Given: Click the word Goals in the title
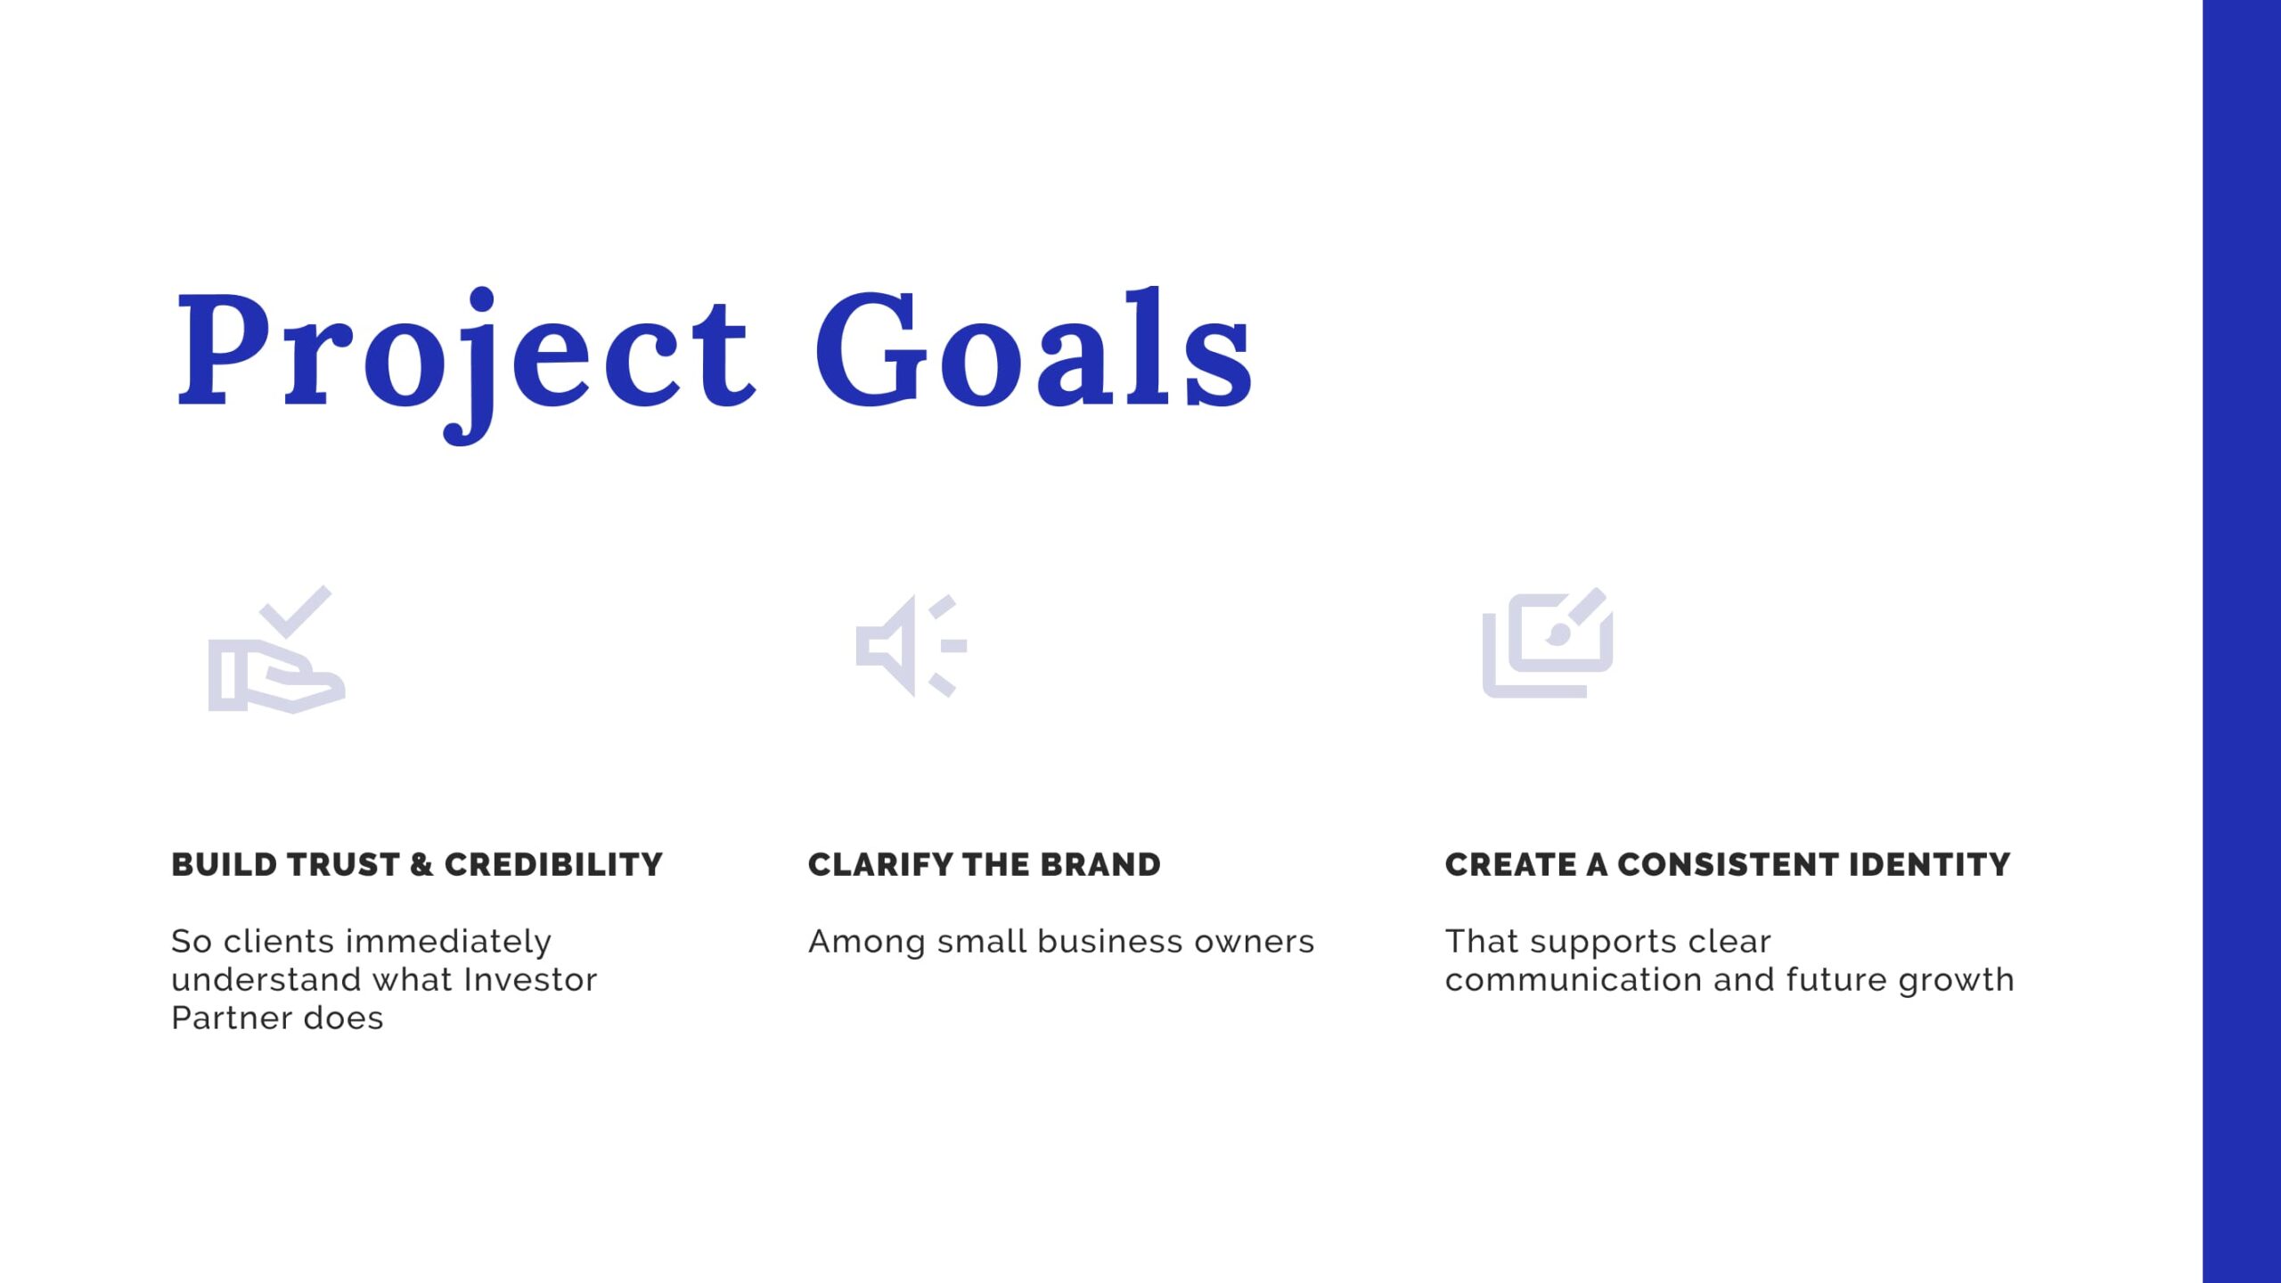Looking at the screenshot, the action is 1034,347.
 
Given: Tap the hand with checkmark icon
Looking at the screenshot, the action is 276,650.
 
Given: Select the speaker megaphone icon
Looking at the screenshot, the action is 911,646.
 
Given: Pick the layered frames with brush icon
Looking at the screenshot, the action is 1548,642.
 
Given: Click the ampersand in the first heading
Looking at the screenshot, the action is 421,864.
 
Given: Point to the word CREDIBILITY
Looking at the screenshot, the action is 553,864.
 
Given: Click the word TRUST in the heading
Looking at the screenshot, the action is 344,864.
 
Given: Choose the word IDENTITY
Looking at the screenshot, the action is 1930,864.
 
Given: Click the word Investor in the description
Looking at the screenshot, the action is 531,979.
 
